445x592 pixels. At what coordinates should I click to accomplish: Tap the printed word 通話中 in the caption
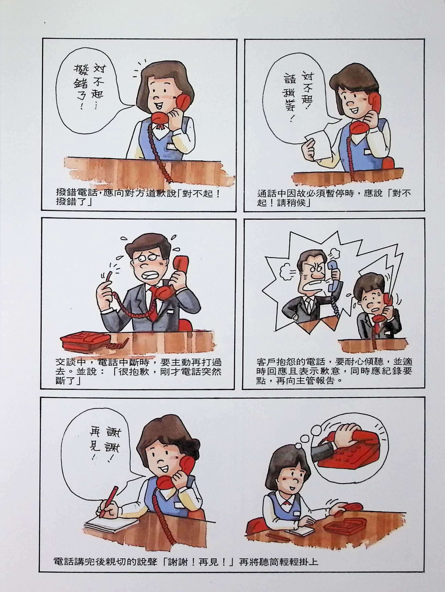[x=271, y=193]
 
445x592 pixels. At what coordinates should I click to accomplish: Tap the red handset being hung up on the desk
[x=348, y=507]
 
